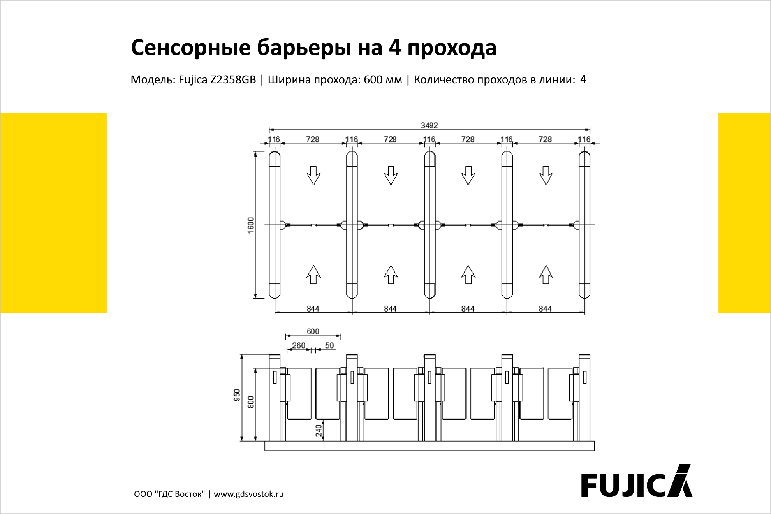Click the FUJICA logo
(637, 481)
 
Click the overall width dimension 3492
(429, 125)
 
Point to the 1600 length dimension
(251, 225)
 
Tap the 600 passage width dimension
(313, 331)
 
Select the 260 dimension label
(299, 345)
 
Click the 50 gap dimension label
(329, 345)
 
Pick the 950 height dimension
(237, 395)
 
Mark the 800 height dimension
(251, 402)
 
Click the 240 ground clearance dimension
(319, 430)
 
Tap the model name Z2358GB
(233, 79)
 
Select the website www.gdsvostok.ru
(248, 494)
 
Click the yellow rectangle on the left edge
(53, 213)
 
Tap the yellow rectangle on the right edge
(745, 213)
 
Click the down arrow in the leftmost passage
(313, 176)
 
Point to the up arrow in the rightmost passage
(546, 275)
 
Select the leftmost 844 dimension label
(313, 308)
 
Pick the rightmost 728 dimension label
(545, 139)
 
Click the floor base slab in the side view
(430, 446)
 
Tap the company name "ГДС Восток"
(180, 494)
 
